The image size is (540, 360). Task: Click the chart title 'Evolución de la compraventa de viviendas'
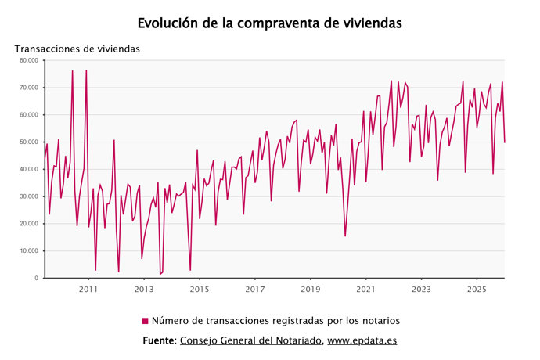[270, 23]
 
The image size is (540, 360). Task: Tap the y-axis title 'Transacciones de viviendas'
[77, 49]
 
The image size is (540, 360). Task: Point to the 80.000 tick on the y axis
[29, 60]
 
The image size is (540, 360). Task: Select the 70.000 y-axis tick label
[29, 88]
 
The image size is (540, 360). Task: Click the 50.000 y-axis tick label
[29, 142]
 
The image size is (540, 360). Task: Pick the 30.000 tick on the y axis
[29, 196]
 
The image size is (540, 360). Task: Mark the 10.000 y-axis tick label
[29, 251]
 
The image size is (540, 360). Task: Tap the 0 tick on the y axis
[36, 279]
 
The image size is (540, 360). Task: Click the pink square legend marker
[145, 321]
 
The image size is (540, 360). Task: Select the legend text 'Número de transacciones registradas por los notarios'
[275, 321]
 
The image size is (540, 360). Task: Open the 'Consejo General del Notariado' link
[250, 340]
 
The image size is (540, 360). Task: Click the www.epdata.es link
[362, 340]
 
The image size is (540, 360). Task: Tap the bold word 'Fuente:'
[160, 340]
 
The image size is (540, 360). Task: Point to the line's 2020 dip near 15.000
[345, 236]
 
